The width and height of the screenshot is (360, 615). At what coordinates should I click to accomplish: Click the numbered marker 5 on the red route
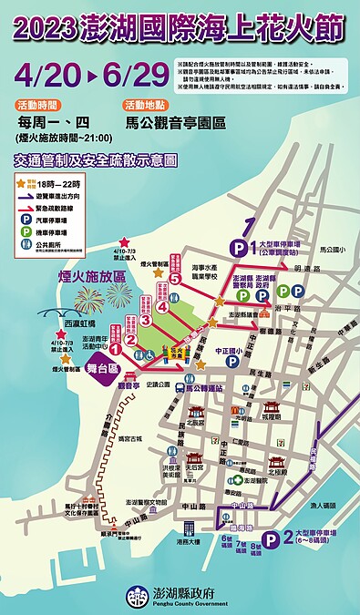174,280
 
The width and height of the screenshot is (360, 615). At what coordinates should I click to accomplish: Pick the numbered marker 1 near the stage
117,347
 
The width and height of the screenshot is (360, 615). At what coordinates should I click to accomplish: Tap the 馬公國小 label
325,246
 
